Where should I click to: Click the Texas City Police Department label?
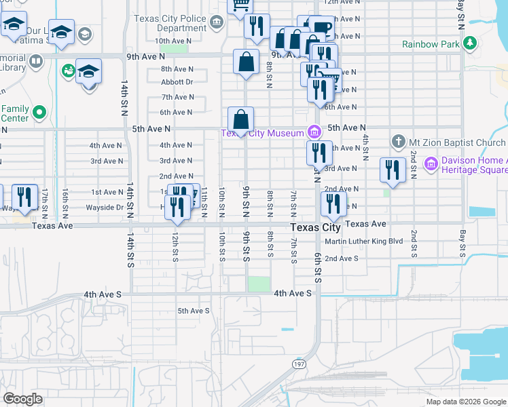(171, 23)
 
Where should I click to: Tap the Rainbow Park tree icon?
(469, 44)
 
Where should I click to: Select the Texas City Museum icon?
(314, 132)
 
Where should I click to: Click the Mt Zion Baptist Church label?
(458, 142)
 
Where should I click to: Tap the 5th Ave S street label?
(194, 311)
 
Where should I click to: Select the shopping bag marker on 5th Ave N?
(240, 121)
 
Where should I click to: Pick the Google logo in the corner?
(22, 399)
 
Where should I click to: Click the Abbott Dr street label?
(177, 82)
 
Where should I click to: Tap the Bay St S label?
(462, 247)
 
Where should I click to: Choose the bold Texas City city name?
(316, 228)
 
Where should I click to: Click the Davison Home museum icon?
(430, 163)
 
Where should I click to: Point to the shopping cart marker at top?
(239, 5)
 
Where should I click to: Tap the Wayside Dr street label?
(105, 208)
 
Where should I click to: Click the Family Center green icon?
(39, 113)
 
